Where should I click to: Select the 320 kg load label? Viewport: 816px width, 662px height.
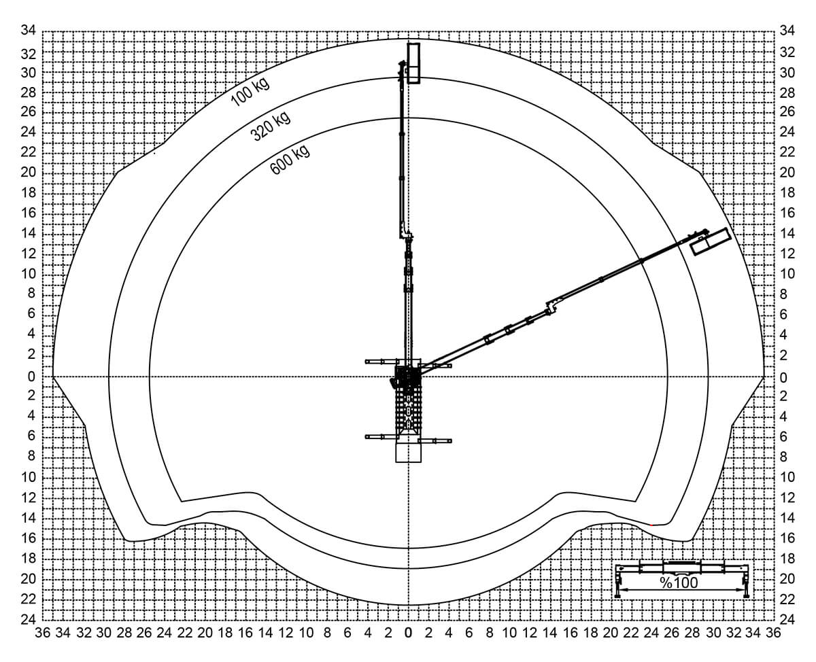pyautogui.click(x=271, y=126)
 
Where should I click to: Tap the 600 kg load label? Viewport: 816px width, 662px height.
pyautogui.click(x=290, y=160)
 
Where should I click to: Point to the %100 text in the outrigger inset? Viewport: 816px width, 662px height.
pyautogui.click(x=679, y=582)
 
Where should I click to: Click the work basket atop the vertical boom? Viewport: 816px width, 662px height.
pyautogui.click(x=413, y=63)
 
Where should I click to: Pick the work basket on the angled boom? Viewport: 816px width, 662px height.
pyautogui.click(x=711, y=241)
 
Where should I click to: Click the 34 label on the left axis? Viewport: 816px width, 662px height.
pyautogui.click(x=29, y=30)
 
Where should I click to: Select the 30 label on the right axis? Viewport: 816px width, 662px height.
pyautogui.click(x=787, y=73)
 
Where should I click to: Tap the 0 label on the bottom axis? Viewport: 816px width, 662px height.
pyautogui.click(x=409, y=633)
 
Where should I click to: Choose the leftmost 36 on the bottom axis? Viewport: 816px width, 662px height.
pyautogui.click(x=43, y=633)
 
